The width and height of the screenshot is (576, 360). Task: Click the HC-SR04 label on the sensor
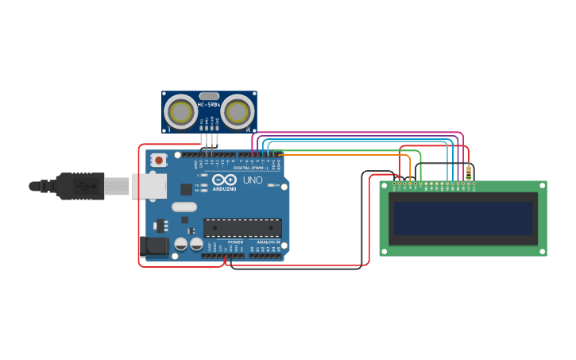click(x=209, y=105)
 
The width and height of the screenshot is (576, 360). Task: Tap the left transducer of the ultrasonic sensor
click(x=180, y=112)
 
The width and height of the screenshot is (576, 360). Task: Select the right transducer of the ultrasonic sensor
click(x=238, y=112)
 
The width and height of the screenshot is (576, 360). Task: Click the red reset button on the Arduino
click(x=159, y=160)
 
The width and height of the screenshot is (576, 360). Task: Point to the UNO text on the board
click(x=252, y=180)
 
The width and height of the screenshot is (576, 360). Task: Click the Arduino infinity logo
click(x=224, y=180)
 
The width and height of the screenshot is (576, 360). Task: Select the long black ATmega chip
click(x=242, y=228)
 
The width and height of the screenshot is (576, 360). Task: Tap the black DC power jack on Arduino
click(x=153, y=246)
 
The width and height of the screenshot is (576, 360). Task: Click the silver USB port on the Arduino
click(x=149, y=186)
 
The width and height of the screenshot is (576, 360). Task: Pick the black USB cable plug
click(x=79, y=186)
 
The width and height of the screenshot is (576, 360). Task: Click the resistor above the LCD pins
click(x=469, y=172)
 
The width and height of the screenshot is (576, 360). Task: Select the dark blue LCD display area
click(x=462, y=218)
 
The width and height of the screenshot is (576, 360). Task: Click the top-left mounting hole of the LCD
click(x=384, y=185)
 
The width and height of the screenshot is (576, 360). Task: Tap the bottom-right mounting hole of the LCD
click(x=542, y=251)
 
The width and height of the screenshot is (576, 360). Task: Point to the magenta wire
click(x=358, y=133)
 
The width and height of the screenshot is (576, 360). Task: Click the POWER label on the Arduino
click(x=235, y=242)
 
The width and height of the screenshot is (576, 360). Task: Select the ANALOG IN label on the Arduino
click(x=267, y=242)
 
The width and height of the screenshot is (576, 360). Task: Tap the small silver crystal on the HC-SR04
click(x=209, y=96)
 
